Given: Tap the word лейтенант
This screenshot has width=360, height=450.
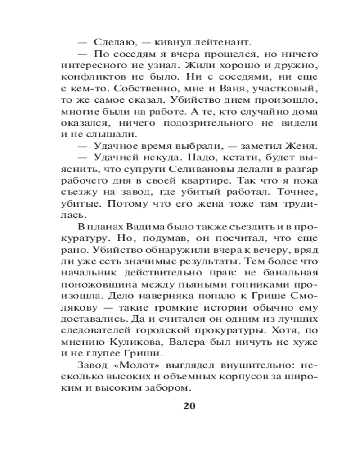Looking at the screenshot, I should click(x=221, y=43).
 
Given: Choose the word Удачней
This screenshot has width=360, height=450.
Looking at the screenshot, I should click(x=112, y=157).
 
